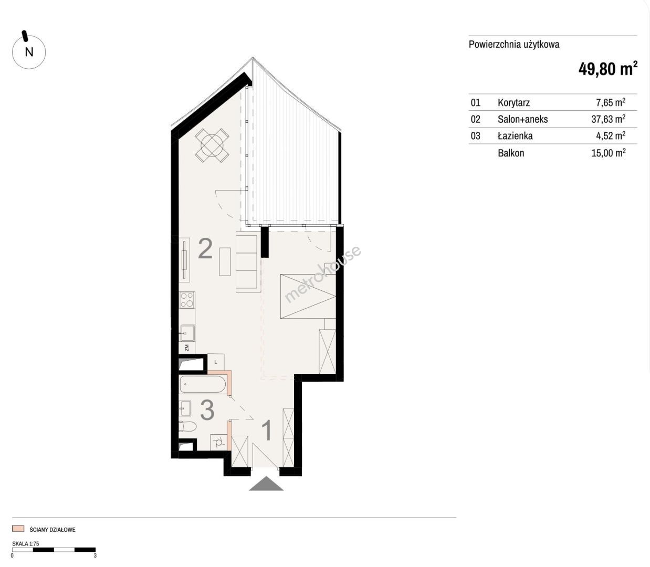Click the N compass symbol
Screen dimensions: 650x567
click(x=29, y=52)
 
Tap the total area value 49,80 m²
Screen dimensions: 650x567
click(x=608, y=69)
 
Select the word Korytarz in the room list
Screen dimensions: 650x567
click(x=513, y=102)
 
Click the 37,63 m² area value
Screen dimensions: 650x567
click(x=609, y=119)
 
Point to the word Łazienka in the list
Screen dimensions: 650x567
click(x=515, y=135)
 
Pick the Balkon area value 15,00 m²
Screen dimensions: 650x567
click(x=609, y=153)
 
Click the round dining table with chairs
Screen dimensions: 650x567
click(x=212, y=146)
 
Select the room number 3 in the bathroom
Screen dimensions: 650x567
click(x=207, y=410)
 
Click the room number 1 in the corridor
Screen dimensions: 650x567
click(x=267, y=430)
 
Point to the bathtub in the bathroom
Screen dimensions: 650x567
click(x=203, y=385)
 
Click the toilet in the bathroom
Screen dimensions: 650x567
click(x=188, y=426)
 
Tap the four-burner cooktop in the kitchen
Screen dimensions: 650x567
click(x=187, y=300)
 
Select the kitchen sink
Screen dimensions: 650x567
click(x=187, y=333)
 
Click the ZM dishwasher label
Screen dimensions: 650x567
click(x=187, y=348)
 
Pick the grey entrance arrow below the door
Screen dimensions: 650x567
click(x=266, y=484)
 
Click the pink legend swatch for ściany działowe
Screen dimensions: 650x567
click(x=18, y=529)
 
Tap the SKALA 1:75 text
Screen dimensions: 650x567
click(x=25, y=543)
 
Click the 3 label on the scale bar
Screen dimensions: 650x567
click(x=95, y=555)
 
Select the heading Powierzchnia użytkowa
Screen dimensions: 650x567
click(x=514, y=44)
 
